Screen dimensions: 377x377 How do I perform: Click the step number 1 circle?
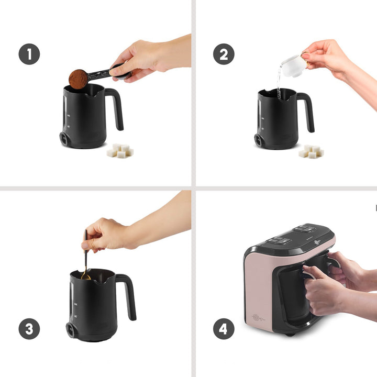tap(29, 54)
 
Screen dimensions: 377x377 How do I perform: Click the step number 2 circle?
tap(224, 54)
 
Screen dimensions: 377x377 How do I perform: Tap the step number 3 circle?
tap(29, 329)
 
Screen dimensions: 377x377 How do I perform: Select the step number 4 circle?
tap(224, 329)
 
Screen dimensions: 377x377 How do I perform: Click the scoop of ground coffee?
tap(78, 79)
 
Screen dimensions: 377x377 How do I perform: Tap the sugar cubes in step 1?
tap(120, 151)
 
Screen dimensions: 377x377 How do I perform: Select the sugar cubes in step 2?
tap(311, 151)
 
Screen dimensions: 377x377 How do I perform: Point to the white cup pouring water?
tap(294, 65)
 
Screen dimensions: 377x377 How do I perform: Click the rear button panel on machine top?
tap(304, 228)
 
